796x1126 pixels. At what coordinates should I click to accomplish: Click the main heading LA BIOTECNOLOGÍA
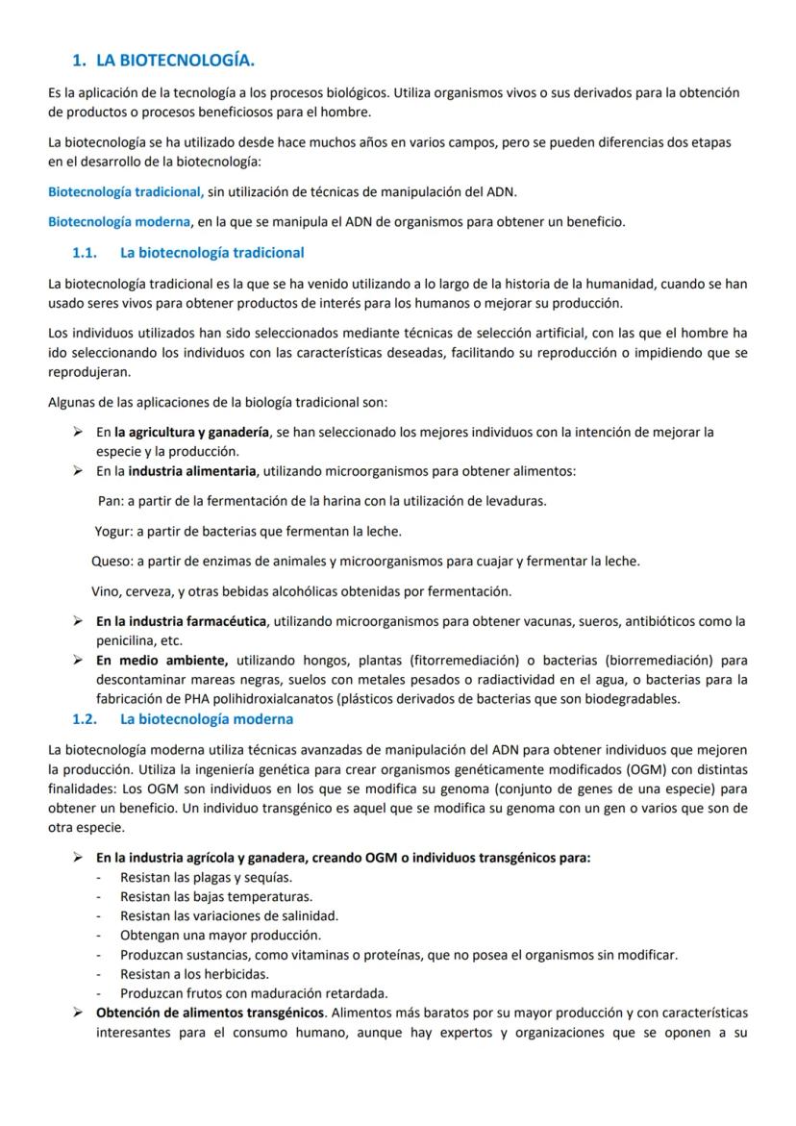(x=175, y=61)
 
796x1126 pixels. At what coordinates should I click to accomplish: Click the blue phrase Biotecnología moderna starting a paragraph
(x=119, y=222)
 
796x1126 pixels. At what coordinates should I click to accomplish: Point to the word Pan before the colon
(x=110, y=501)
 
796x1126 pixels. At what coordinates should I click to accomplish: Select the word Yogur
(x=112, y=531)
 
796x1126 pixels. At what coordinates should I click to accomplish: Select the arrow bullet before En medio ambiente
(x=77, y=661)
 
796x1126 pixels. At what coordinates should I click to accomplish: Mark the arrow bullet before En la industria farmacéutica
(x=77, y=621)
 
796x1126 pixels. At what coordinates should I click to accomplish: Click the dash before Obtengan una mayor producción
(x=99, y=935)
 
